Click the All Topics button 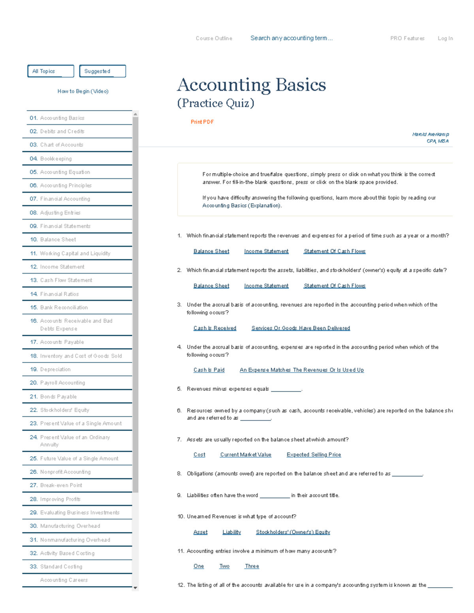click(51, 71)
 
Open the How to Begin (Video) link click(83, 91)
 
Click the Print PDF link click(202, 122)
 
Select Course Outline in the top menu click(214, 38)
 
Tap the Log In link click(445, 38)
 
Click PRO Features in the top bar click(407, 38)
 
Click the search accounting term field click(292, 38)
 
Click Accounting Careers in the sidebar click(64, 580)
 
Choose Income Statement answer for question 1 click(266, 251)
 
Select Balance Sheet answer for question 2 click(211, 286)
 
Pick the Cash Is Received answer click(215, 328)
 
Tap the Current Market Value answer click(246, 455)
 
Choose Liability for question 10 click(231, 532)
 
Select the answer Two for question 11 click(224, 566)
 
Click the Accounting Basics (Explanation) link click(241, 206)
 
